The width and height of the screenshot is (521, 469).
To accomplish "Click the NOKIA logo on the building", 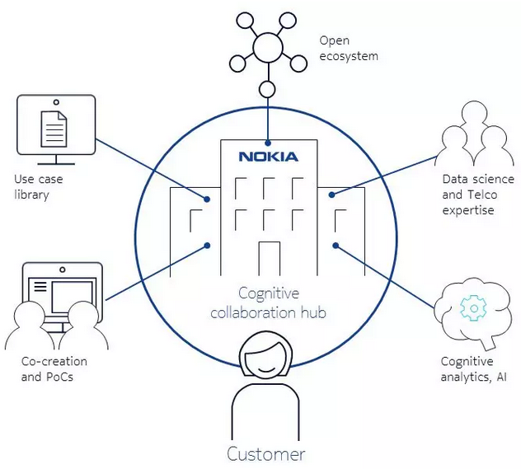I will coord(268,156).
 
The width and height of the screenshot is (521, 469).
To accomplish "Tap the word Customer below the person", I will coord(266,453).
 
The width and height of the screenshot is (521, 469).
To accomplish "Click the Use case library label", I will coord(38,186).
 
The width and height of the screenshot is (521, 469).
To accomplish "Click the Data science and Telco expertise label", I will coord(477,194).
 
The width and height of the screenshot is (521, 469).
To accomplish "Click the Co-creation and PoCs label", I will coord(54,369).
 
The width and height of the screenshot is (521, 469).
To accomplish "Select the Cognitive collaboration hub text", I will coord(268,303).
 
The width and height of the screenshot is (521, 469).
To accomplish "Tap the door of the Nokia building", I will coord(269,258).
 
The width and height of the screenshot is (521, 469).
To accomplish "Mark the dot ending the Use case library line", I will coord(207,199).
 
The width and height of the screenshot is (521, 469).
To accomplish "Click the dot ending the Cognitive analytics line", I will coord(336,244).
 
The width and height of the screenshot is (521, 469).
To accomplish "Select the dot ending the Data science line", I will coord(331,195).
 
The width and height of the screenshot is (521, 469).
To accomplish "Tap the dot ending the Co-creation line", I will coord(206,244).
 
